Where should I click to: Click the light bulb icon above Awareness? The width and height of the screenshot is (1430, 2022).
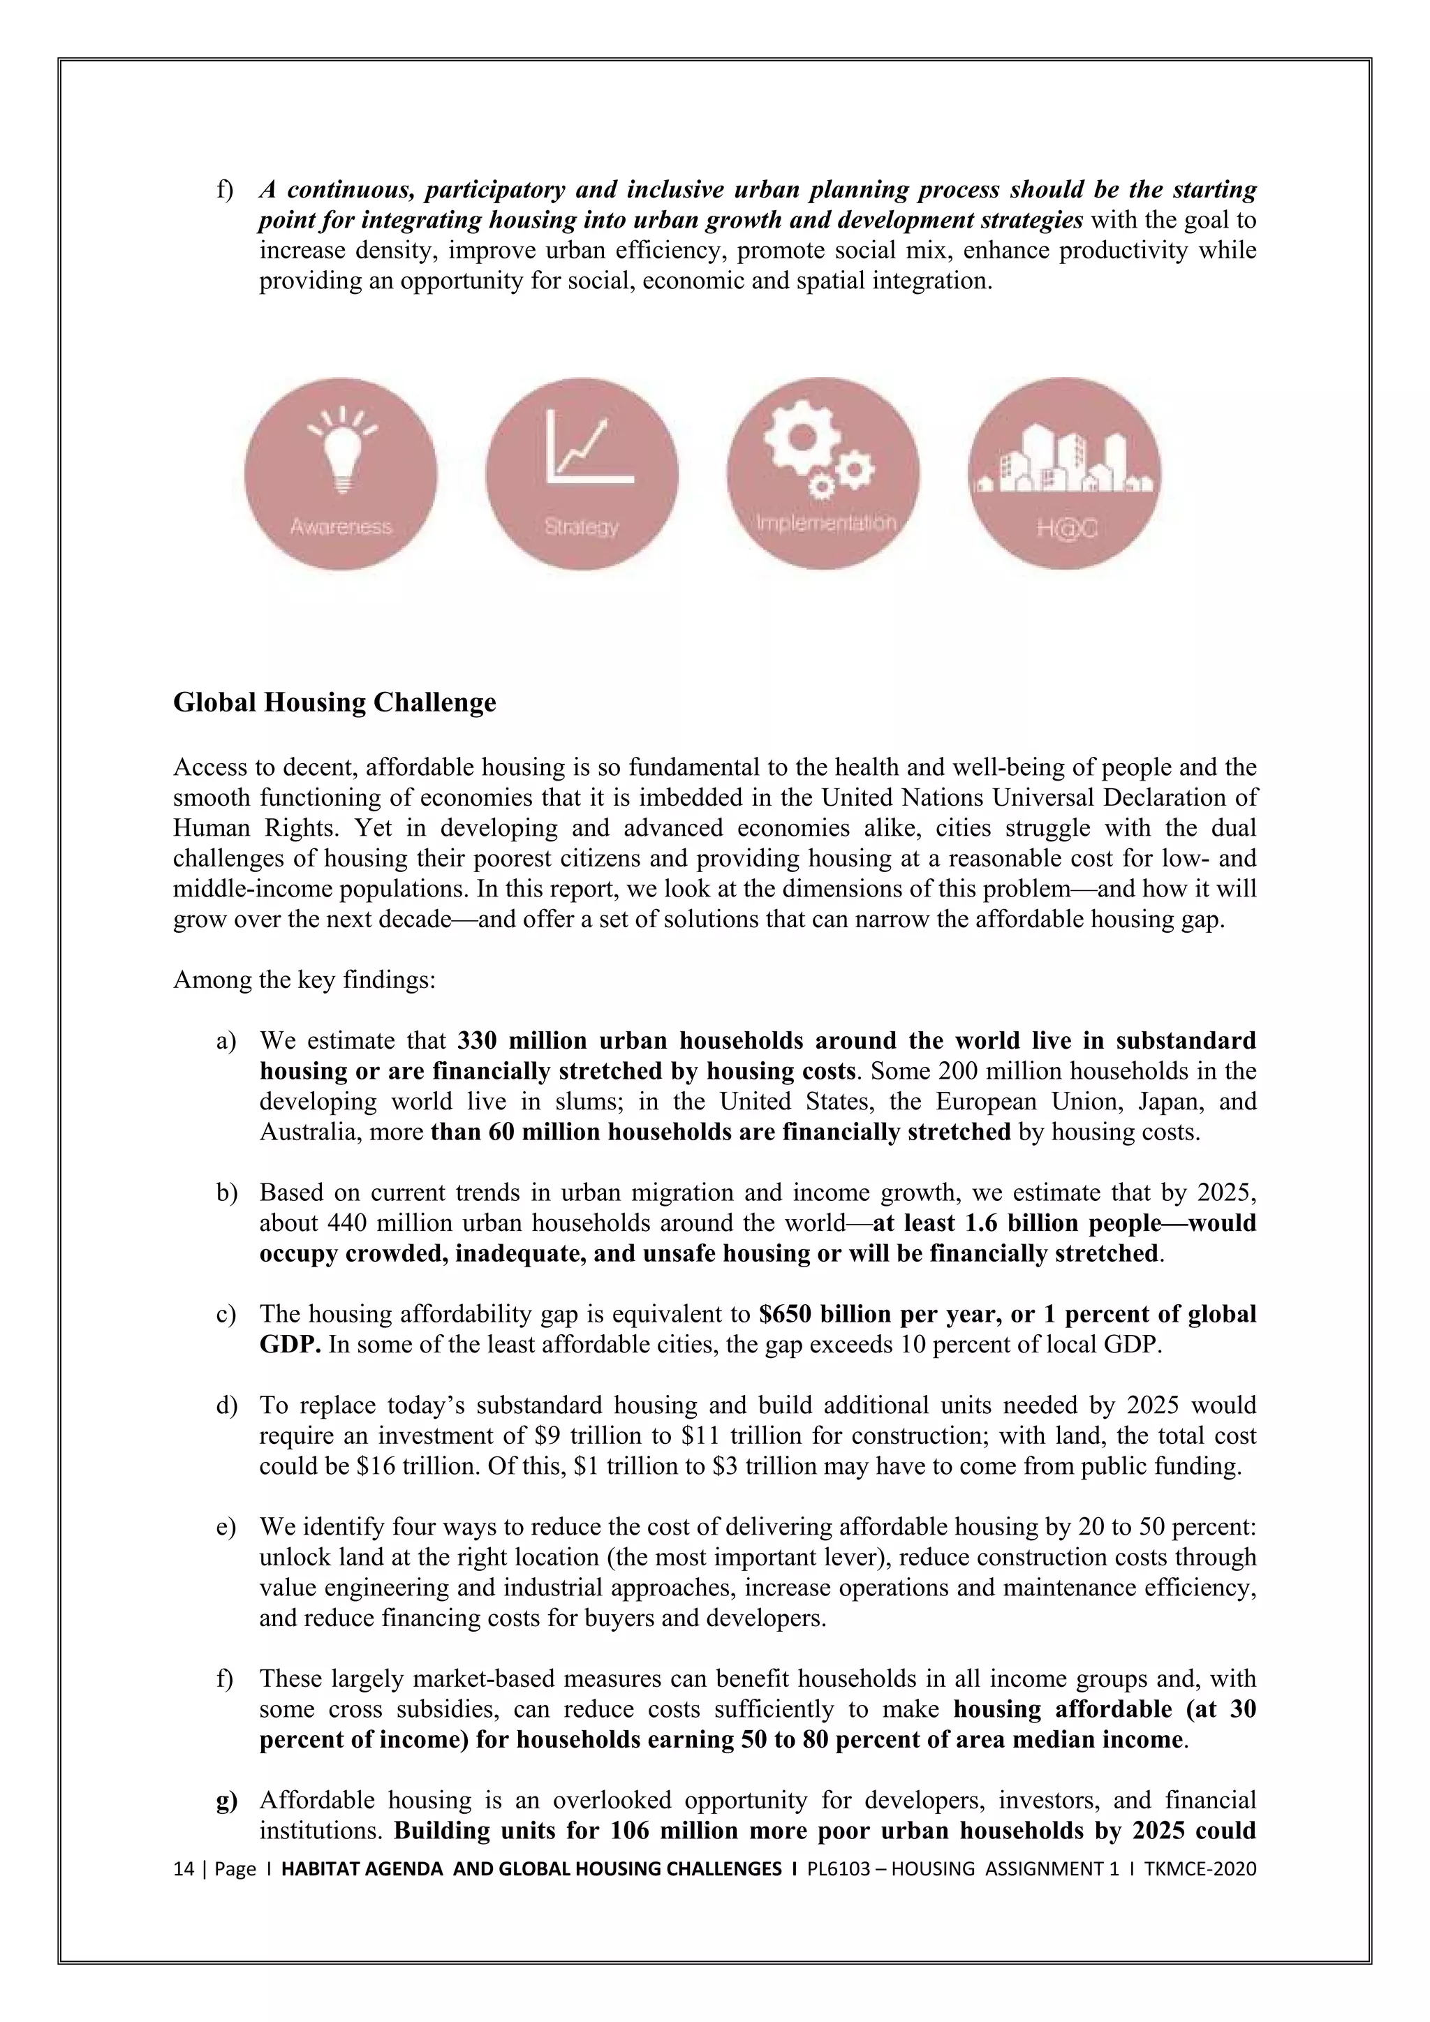coord(341,451)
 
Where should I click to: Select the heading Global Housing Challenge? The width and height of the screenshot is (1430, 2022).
coord(334,703)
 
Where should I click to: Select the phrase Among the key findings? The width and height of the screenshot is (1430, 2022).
coord(304,980)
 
